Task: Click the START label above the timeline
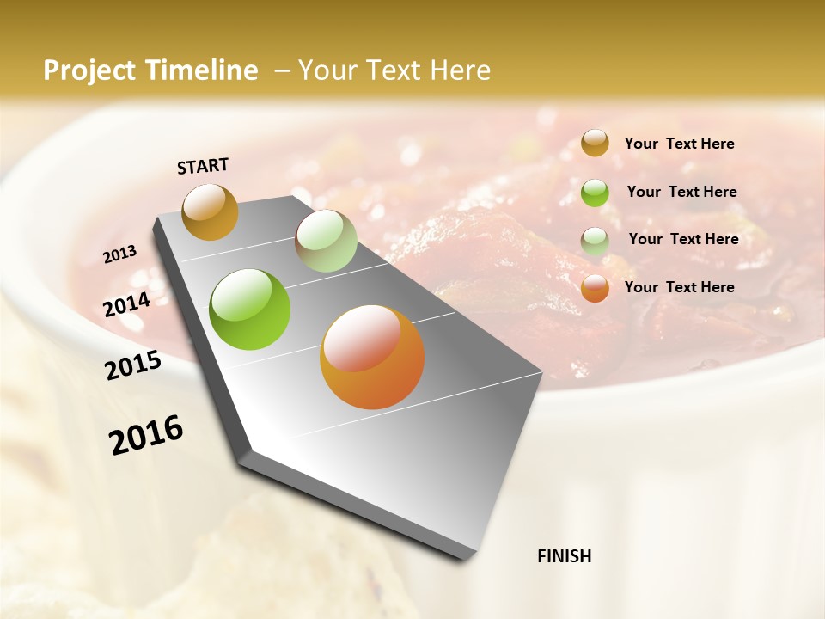pyautogui.click(x=203, y=166)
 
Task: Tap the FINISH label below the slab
pyautogui.click(x=564, y=556)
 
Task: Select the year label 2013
pyautogui.click(x=120, y=254)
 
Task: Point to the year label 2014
pyautogui.click(x=127, y=304)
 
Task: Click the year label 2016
pyautogui.click(x=146, y=435)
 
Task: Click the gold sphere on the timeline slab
pyautogui.click(x=211, y=211)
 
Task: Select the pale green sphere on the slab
pyautogui.click(x=326, y=241)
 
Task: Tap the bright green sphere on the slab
pyautogui.click(x=250, y=309)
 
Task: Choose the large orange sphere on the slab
pyautogui.click(x=372, y=357)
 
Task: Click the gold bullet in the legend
pyautogui.click(x=595, y=144)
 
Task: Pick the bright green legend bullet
pyautogui.click(x=595, y=192)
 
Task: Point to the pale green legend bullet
pyautogui.click(x=595, y=240)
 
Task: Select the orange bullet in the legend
pyautogui.click(x=595, y=288)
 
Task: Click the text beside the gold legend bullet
pyautogui.click(x=679, y=144)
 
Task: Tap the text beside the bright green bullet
pyautogui.click(x=681, y=192)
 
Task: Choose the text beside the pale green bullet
pyautogui.click(x=683, y=239)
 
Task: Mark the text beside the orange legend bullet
pyautogui.click(x=679, y=287)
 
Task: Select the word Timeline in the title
pyautogui.click(x=202, y=70)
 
